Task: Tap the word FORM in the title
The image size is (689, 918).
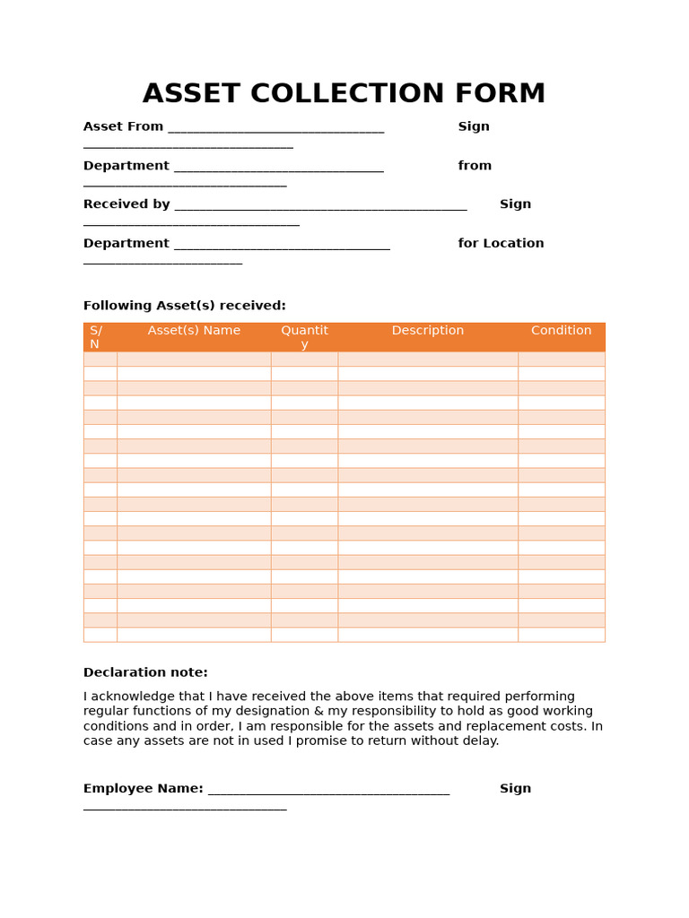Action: click(503, 94)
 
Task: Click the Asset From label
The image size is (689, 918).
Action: click(123, 126)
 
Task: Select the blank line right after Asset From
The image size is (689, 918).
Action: click(275, 128)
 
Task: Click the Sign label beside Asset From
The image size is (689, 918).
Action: click(474, 126)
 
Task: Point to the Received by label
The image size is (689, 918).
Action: click(126, 204)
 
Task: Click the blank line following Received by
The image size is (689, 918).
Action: click(320, 206)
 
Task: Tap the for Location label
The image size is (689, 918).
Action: click(501, 243)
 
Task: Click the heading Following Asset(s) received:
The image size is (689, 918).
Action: click(184, 306)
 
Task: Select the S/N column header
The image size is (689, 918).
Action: click(96, 337)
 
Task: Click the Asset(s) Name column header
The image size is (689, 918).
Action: click(194, 330)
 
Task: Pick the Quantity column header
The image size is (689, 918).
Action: click(304, 337)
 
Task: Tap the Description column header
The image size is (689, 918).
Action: click(427, 330)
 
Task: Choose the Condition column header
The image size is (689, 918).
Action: click(561, 330)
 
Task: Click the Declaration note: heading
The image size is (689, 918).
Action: click(145, 672)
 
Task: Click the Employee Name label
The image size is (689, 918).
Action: click(143, 788)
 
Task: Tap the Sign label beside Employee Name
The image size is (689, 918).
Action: click(515, 788)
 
